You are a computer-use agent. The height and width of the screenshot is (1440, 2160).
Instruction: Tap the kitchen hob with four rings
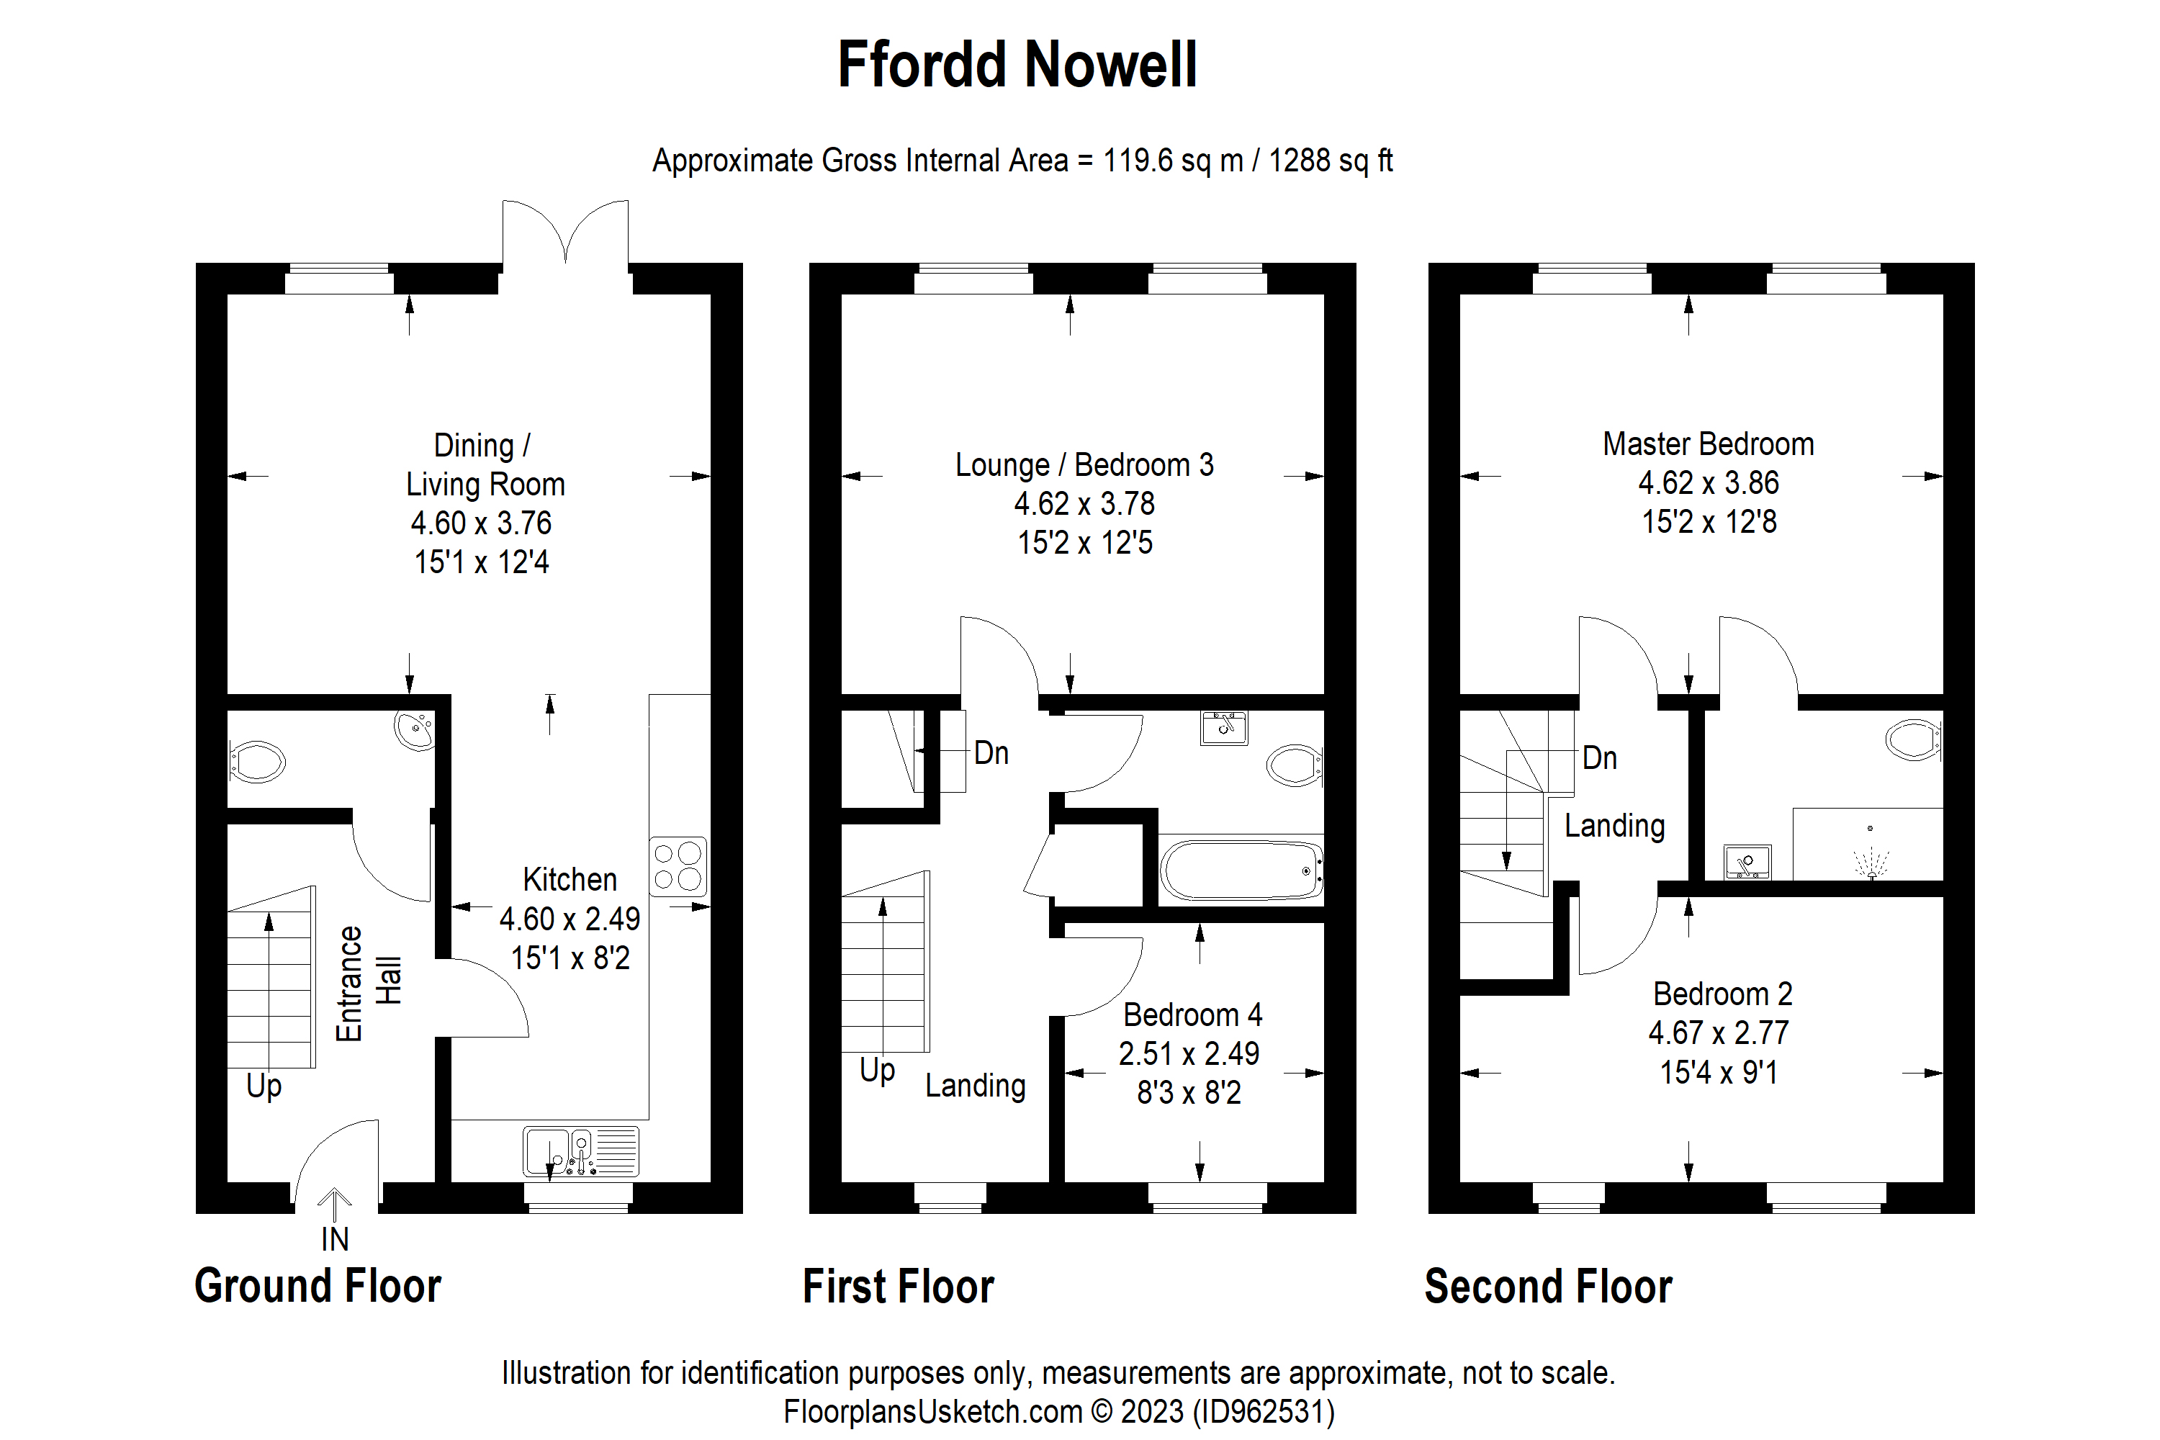coord(678,866)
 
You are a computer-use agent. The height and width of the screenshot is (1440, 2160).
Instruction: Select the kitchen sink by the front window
coord(581,1151)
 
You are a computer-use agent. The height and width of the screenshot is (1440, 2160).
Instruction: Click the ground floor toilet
coord(257,761)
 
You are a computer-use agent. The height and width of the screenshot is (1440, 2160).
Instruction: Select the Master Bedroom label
coord(1708,444)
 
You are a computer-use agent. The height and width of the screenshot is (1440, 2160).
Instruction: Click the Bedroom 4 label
coord(1192,1014)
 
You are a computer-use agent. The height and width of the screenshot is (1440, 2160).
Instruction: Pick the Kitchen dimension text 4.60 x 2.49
coord(570,919)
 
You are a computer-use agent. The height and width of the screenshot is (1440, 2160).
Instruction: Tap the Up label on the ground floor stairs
coord(264,1086)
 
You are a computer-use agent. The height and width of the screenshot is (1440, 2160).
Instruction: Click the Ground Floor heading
coord(318,1286)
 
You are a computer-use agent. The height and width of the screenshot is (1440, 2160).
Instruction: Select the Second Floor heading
coord(1549,1287)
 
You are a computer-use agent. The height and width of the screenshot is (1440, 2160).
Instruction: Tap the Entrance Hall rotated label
coord(367,984)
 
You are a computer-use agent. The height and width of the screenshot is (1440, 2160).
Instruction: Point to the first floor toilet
coord(1294,764)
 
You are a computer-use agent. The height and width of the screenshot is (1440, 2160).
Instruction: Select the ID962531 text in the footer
coord(1264,1411)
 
